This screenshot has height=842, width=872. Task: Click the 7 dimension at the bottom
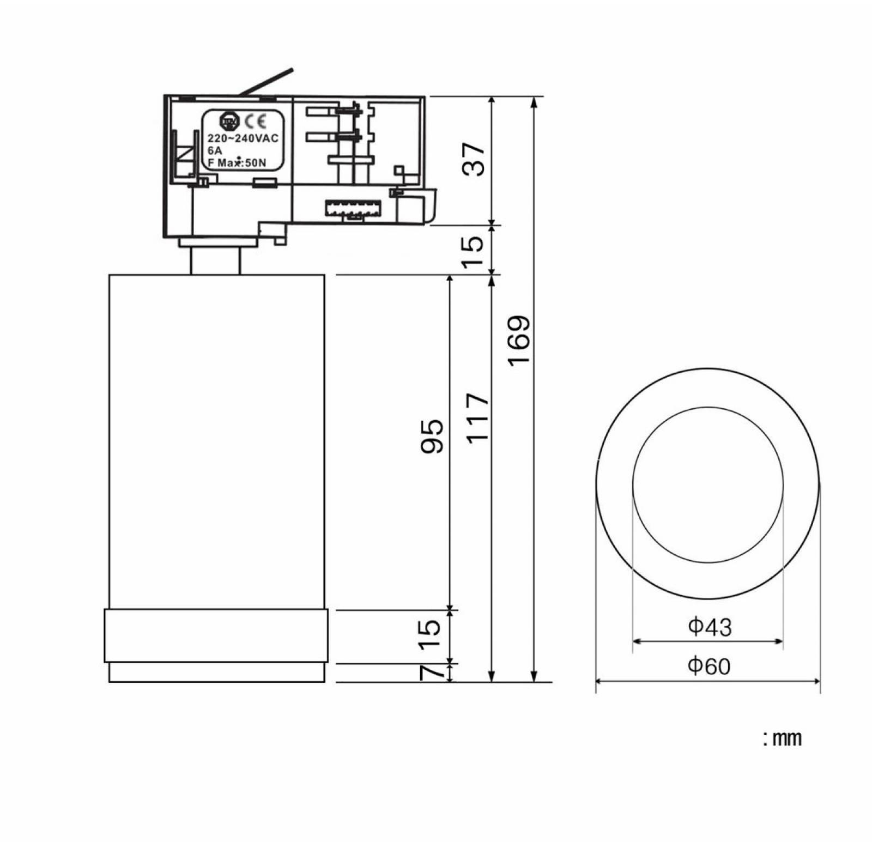(432, 673)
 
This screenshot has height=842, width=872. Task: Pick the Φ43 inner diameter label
(709, 627)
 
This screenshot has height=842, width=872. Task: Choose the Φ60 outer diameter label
(709, 666)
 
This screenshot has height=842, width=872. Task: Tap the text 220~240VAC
(243, 138)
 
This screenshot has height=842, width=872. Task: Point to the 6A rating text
(215, 151)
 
